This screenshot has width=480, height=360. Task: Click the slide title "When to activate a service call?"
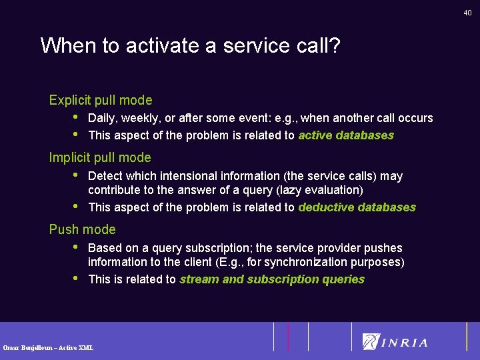190,46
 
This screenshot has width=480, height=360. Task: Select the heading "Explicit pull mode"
101,101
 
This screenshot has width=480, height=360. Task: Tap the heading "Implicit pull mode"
100,158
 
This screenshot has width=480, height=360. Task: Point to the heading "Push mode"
82,230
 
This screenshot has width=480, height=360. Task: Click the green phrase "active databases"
346,135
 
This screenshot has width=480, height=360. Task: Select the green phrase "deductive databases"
357,207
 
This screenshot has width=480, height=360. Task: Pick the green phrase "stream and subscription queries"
272,279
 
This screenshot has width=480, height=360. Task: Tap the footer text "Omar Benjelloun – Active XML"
48,347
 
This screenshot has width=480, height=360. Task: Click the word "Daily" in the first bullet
101,119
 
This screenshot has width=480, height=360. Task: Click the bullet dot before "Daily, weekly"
76,117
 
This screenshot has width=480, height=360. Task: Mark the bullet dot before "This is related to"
76,278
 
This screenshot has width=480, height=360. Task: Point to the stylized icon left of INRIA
371,341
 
